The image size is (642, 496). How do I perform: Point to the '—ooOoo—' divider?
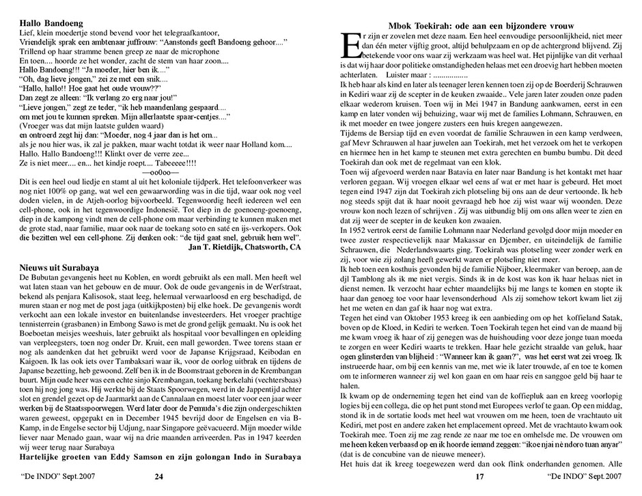(x=160, y=174)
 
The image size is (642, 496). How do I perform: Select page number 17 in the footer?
(x=479, y=476)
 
